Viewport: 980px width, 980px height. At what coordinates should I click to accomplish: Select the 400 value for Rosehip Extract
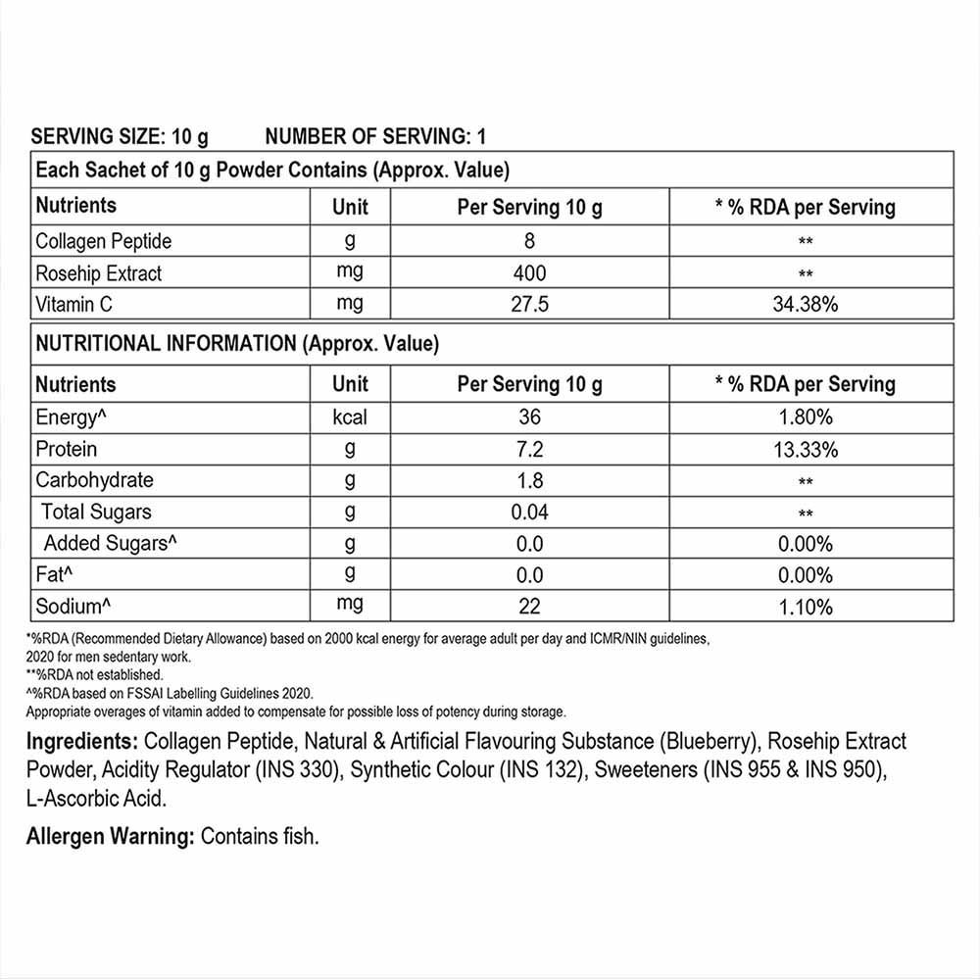coord(529,272)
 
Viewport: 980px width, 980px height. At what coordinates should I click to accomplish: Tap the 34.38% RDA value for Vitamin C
coord(805,305)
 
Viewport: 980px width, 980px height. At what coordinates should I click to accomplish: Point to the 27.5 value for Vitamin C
coord(529,305)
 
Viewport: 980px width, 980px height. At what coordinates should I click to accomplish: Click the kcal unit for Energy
coord(350,417)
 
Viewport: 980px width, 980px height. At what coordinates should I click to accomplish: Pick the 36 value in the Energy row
coord(529,417)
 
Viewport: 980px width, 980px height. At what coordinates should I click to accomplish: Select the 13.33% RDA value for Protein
coord(805,450)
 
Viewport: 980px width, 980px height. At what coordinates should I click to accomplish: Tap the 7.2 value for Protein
coord(529,450)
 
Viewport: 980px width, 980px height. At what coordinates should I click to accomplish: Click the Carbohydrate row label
coord(94,480)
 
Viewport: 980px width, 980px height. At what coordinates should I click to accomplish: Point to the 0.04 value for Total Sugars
coord(529,512)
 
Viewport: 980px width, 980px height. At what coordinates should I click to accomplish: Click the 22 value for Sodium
coord(529,607)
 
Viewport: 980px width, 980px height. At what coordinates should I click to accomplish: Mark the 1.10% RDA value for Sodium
coord(805,607)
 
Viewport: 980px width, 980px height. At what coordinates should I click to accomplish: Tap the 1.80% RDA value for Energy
coord(805,417)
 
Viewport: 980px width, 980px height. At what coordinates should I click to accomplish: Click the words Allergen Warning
coord(111,837)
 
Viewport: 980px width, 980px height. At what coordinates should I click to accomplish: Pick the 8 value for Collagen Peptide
coord(529,241)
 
